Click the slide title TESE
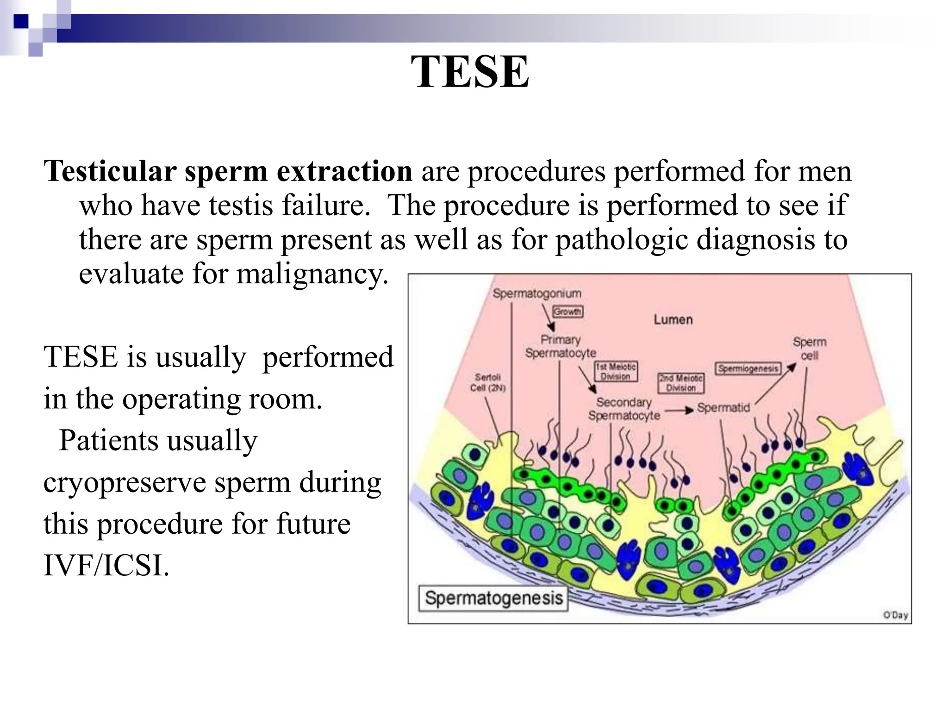pos(469,72)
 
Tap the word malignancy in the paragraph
pos(312,274)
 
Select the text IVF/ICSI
pos(106,565)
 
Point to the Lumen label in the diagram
pos(673,320)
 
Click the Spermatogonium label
pos(536,293)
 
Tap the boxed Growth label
pos(568,312)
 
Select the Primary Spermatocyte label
pos(561,346)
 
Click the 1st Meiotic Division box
pos(616,372)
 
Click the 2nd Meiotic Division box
pos(680,383)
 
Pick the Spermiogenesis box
pos(748,369)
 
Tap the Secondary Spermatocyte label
pos(624,409)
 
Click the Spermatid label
pos(723,408)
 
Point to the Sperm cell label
pos(809,349)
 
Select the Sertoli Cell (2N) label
pos(487,383)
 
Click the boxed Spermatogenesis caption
pos(493,598)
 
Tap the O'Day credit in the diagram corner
pos(895,615)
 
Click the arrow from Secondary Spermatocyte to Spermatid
pos(679,410)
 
